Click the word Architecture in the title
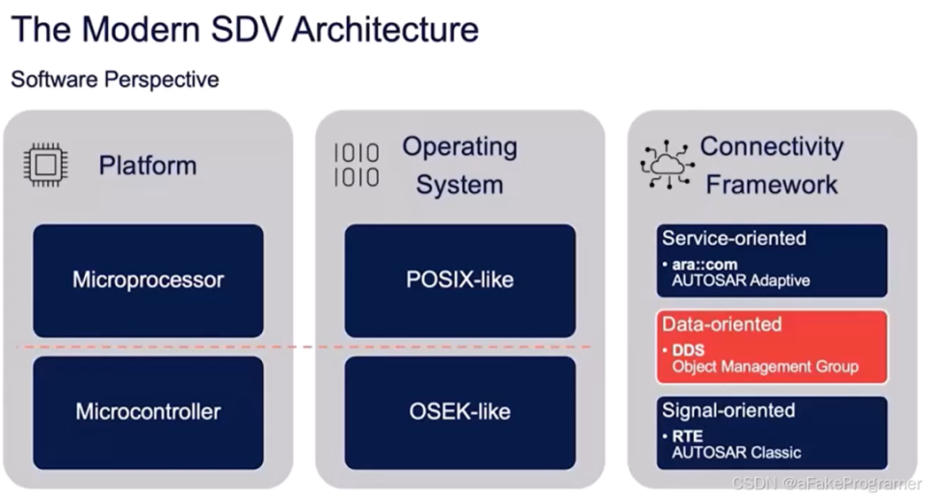pos(385,30)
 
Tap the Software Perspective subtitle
pos(115,80)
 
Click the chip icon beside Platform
pos(45,165)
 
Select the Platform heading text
pos(147,165)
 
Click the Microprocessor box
pos(148,280)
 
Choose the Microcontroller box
pos(148,412)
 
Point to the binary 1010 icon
pos(357,165)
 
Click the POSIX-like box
pos(461,280)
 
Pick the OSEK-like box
pos(461,412)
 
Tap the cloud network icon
pos(667,165)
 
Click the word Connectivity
pos(772,146)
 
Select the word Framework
pos(772,185)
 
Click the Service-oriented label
pos(734,238)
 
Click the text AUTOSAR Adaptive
pos(740,280)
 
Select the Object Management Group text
pos(765,367)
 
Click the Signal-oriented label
pos(728,410)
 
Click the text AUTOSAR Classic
pos(736,453)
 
